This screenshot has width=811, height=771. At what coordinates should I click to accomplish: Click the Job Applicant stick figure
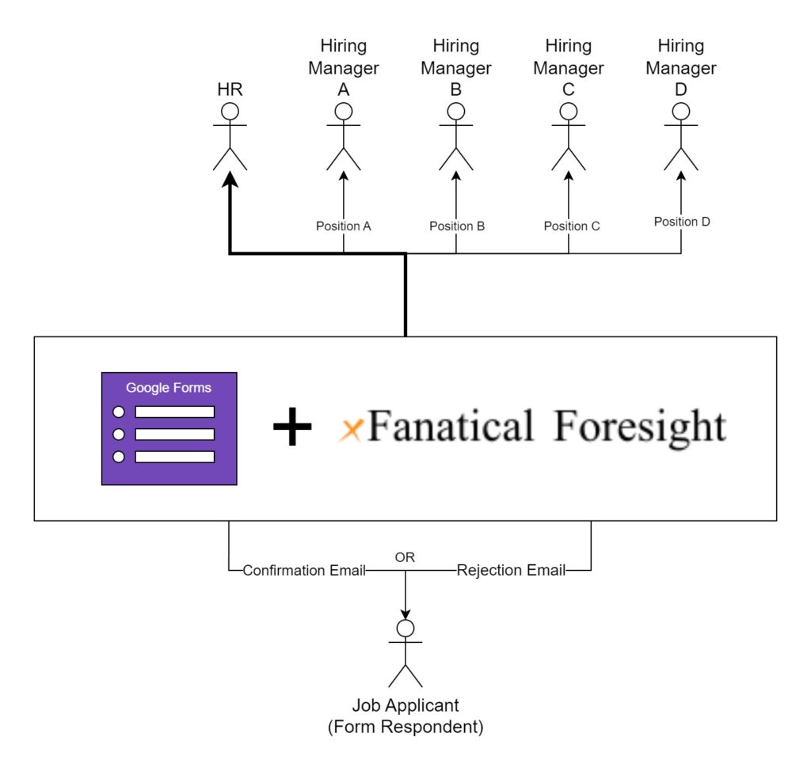point(405,653)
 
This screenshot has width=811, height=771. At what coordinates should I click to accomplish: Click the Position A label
point(343,226)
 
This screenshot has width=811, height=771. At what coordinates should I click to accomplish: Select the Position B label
point(457,226)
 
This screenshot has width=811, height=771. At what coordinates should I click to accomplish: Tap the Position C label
point(571,226)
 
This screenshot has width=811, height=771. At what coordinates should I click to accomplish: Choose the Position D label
point(682,222)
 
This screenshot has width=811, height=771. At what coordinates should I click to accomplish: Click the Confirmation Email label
point(304,571)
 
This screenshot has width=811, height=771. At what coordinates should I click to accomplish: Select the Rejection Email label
point(511,571)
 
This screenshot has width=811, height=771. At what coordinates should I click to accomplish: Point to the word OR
point(405,557)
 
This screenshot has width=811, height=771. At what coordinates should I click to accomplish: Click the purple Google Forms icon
point(169,428)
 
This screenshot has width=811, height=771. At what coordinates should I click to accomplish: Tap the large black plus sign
point(292,428)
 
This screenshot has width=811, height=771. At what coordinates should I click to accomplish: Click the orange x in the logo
point(351,430)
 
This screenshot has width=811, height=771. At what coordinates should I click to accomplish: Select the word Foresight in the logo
point(639,428)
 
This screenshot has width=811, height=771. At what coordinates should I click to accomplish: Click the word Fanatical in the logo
point(450,427)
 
